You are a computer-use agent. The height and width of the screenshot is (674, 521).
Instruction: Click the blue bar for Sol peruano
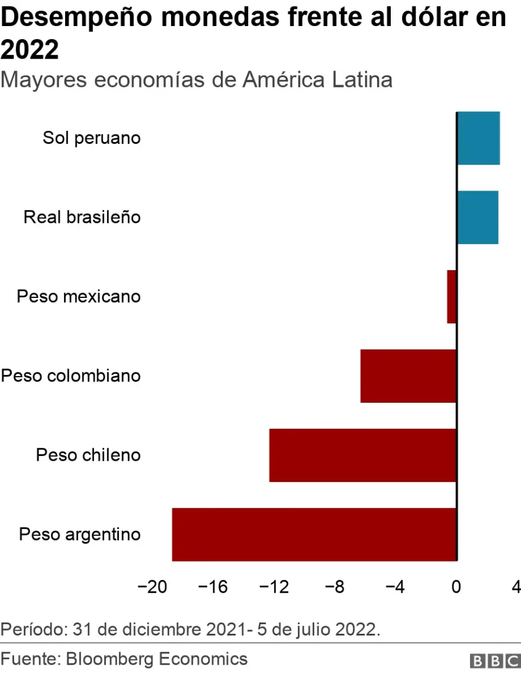(478, 138)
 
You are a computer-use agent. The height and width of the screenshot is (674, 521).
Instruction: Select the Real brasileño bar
(477, 217)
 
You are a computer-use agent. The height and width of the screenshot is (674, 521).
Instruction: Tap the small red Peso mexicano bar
(452, 297)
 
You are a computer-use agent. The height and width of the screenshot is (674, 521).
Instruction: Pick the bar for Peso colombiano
(409, 376)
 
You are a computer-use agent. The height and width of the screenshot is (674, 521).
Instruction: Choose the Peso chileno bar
(362, 455)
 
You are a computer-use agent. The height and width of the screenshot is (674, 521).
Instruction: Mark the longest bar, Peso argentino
(314, 534)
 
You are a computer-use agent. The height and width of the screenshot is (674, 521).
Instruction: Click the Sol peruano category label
(92, 138)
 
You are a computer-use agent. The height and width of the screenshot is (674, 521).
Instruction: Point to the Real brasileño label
(82, 217)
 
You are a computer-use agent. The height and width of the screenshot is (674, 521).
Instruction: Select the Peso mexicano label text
(79, 296)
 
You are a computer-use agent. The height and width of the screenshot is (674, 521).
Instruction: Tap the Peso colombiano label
(71, 375)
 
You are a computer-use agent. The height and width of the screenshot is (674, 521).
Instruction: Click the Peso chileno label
(88, 455)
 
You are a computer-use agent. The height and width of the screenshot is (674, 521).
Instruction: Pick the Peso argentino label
(80, 534)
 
